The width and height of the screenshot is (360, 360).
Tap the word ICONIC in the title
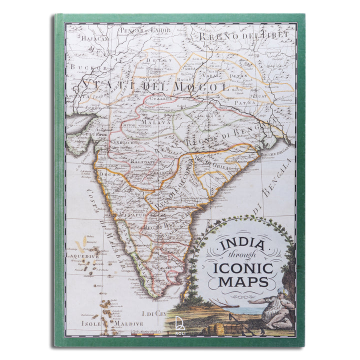(x=243, y=268)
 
